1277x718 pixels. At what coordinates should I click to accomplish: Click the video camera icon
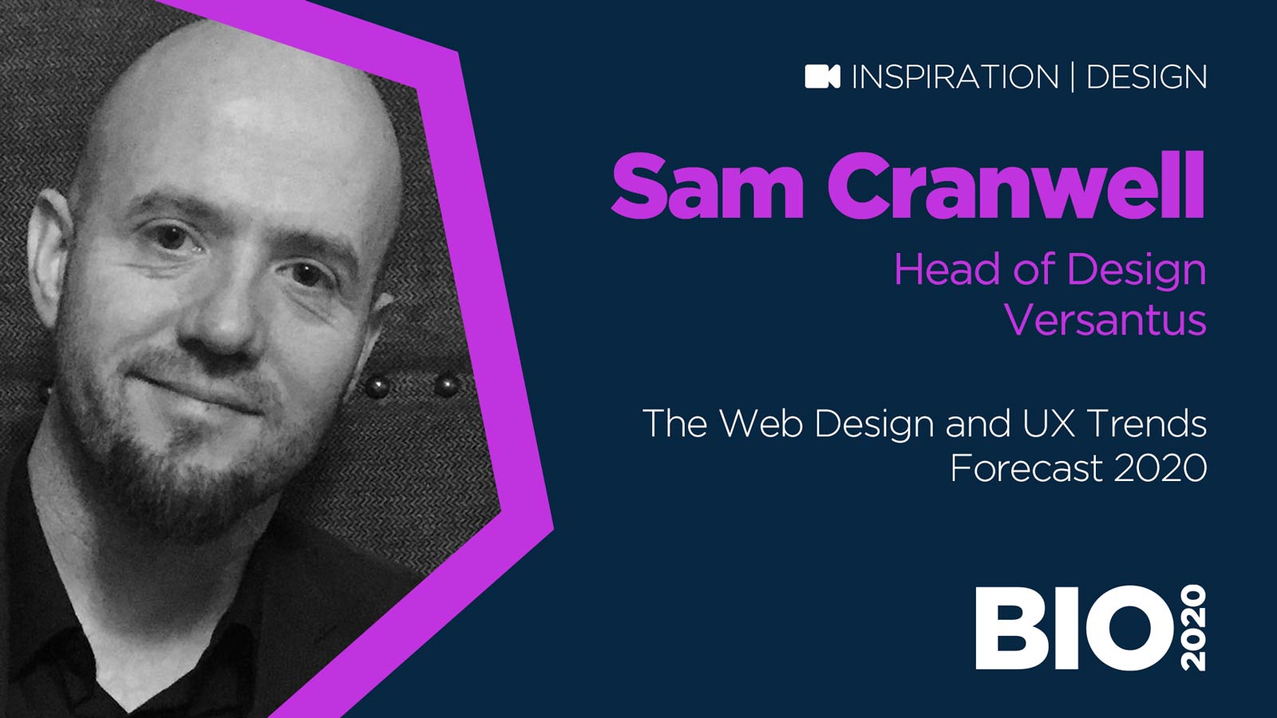tap(822, 77)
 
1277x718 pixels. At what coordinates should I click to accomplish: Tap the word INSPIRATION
tap(955, 77)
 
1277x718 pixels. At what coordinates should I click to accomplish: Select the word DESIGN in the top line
tap(1146, 77)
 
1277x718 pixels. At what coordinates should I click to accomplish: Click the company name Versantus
tap(1105, 321)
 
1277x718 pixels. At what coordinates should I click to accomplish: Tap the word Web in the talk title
tap(760, 424)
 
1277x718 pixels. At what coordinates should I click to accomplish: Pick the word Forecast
tap(1026, 468)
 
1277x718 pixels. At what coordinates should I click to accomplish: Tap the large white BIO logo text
tap(1073, 628)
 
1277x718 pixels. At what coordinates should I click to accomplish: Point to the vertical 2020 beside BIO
tap(1192, 628)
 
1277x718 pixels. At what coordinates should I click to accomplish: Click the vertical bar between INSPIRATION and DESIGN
tap(1072, 77)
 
